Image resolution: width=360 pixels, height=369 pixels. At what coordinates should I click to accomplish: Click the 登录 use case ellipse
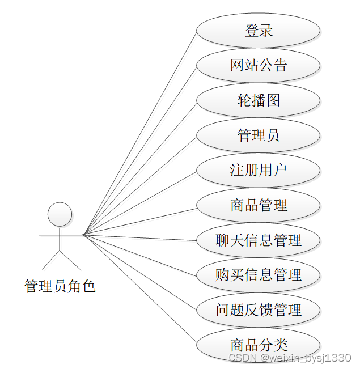tap(259, 31)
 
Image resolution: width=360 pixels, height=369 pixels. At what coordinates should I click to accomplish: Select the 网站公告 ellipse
tap(259, 66)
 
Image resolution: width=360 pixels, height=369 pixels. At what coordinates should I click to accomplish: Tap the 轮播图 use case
tap(259, 100)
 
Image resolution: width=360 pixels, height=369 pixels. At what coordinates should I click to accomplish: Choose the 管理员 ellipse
tap(259, 135)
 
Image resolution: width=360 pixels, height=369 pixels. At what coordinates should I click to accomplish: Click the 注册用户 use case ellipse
tap(259, 170)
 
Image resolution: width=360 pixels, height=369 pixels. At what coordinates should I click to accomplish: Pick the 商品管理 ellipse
tap(259, 205)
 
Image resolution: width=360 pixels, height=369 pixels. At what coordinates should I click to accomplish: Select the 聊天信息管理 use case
tap(259, 240)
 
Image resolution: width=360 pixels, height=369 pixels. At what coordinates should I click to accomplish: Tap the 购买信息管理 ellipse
tap(259, 275)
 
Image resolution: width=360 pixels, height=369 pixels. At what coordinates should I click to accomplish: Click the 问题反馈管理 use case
tap(259, 309)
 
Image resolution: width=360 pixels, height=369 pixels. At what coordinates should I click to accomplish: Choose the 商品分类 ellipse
tap(259, 345)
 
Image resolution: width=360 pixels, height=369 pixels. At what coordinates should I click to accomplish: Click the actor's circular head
tap(60, 214)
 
